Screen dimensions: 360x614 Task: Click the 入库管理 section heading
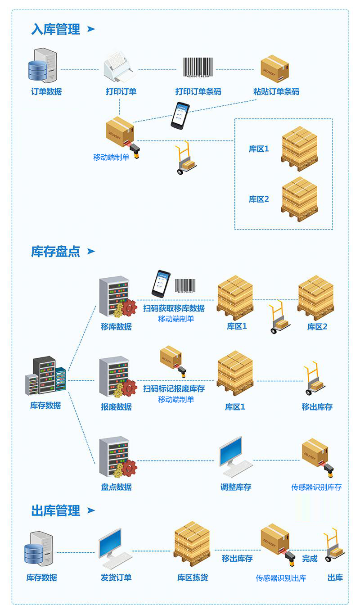pos(56,29)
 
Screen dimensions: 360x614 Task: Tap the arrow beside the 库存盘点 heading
pos(91,251)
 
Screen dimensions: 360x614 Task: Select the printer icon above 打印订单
pos(119,66)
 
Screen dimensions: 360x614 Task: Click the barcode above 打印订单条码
pos(198,68)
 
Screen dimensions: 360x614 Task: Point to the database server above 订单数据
pos(43,65)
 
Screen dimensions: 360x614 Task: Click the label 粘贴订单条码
pos(276,91)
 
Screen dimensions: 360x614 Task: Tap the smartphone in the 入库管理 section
pos(180,115)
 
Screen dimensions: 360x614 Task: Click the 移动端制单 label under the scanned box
pos(111,158)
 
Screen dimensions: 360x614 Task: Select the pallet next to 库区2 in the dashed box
pos(299,199)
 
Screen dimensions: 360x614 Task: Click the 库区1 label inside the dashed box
pos(259,149)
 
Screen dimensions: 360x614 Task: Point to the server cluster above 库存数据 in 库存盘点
pos(46,376)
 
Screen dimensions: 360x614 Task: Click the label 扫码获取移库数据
pos(174,308)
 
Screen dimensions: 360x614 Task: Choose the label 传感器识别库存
pos(316,487)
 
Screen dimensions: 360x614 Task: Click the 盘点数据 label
pos(117,487)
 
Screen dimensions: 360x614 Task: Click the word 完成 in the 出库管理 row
pos(310,559)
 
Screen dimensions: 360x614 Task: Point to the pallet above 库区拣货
pos(192,544)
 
